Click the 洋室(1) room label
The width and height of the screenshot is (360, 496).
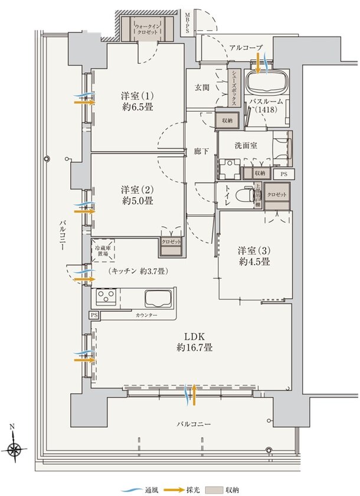[138, 101]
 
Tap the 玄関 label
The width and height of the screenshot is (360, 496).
[202, 87]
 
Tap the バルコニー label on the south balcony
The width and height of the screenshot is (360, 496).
[194, 424]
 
